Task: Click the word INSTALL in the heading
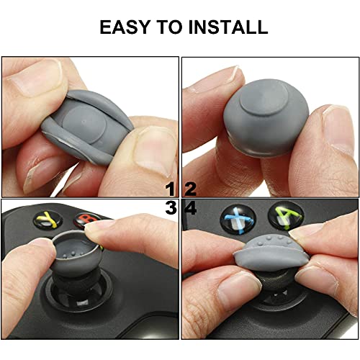(228, 27)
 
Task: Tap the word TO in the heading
(169, 27)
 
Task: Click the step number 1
(171, 189)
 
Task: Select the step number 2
(190, 189)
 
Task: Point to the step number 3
(171, 207)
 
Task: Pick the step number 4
(191, 207)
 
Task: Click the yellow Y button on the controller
(49, 220)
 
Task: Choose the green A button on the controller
(286, 215)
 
